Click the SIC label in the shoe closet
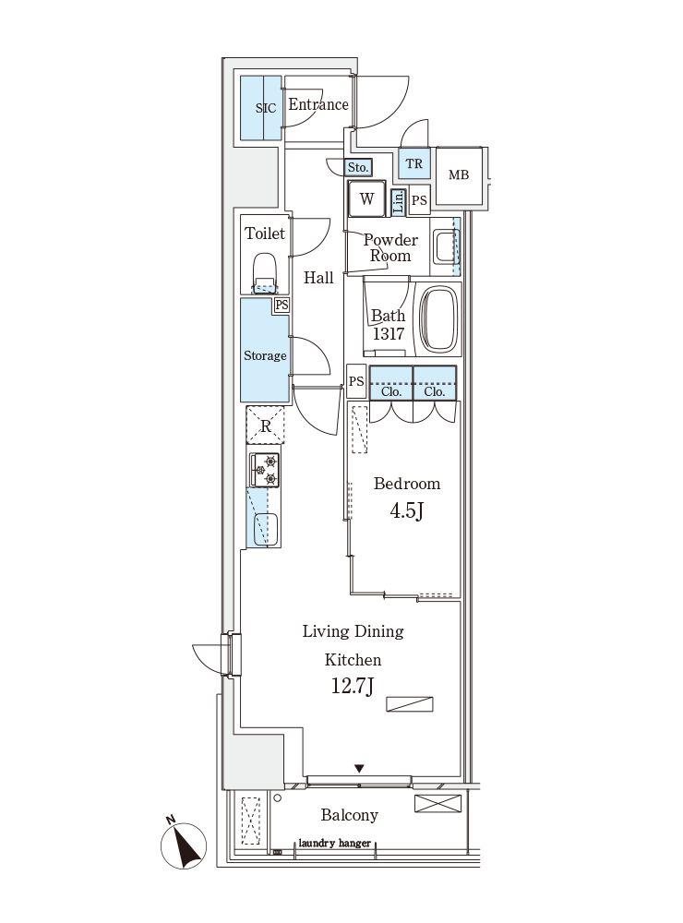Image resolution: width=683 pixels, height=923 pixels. click(x=266, y=108)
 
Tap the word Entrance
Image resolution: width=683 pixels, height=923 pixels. click(x=318, y=104)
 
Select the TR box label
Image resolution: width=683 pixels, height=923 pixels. click(x=413, y=163)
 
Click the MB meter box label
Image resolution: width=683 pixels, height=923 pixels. click(x=459, y=174)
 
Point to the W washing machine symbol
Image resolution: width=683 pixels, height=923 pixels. click(x=366, y=199)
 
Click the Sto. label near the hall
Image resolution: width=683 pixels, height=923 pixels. click(x=357, y=168)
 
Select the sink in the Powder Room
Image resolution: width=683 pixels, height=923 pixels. click(x=444, y=247)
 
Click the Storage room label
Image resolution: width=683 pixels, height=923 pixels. click(x=265, y=355)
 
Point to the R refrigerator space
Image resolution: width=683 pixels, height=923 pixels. click(x=266, y=425)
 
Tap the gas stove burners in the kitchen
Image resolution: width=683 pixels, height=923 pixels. click(x=264, y=470)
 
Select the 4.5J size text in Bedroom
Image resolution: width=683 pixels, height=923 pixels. click(x=406, y=510)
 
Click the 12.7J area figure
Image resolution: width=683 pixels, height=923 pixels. click(x=352, y=686)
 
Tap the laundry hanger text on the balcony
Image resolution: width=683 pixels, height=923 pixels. click(x=334, y=843)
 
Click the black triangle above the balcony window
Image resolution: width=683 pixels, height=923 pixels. click(x=359, y=768)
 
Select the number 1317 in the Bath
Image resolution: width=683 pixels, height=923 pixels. click(x=388, y=334)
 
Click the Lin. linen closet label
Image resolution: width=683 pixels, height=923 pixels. click(x=399, y=201)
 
